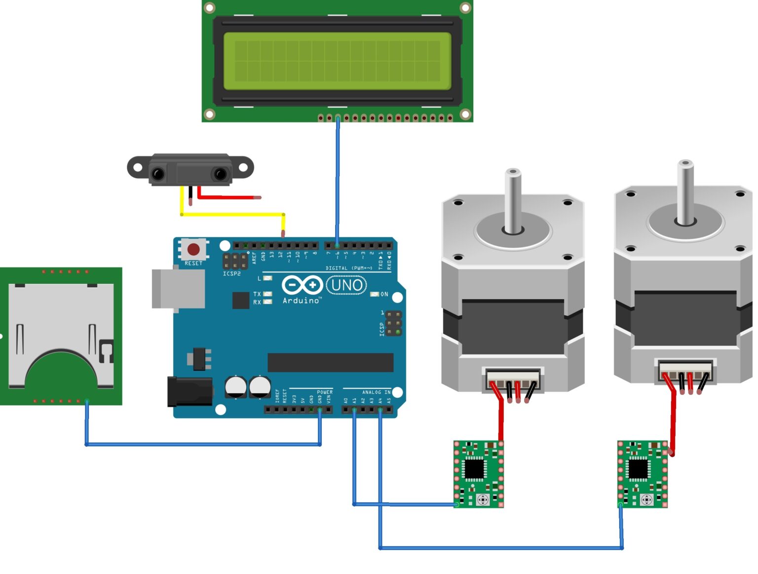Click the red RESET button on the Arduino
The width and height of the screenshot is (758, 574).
click(193, 249)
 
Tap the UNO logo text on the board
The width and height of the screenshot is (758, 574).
click(346, 285)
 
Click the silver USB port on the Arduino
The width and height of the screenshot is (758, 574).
click(178, 288)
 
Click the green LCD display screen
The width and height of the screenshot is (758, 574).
click(337, 61)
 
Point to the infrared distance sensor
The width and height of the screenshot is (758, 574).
click(190, 170)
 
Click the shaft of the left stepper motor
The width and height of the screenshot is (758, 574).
click(513, 200)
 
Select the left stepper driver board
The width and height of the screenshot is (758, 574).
click(478, 474)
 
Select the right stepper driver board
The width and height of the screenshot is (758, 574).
click(643, 474)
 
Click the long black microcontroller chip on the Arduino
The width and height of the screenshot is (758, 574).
click(330, 362)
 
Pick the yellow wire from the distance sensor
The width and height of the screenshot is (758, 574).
click(232, 215)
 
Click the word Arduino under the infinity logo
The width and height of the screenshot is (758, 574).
click(301, 301)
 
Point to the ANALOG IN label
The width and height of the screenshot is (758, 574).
click(376, 392)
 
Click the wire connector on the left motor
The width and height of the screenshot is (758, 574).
click(513, 380)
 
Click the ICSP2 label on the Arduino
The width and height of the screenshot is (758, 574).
click(231, 273)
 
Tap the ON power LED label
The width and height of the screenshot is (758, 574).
click(384, 294)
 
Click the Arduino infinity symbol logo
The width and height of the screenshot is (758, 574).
click(302, 285)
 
